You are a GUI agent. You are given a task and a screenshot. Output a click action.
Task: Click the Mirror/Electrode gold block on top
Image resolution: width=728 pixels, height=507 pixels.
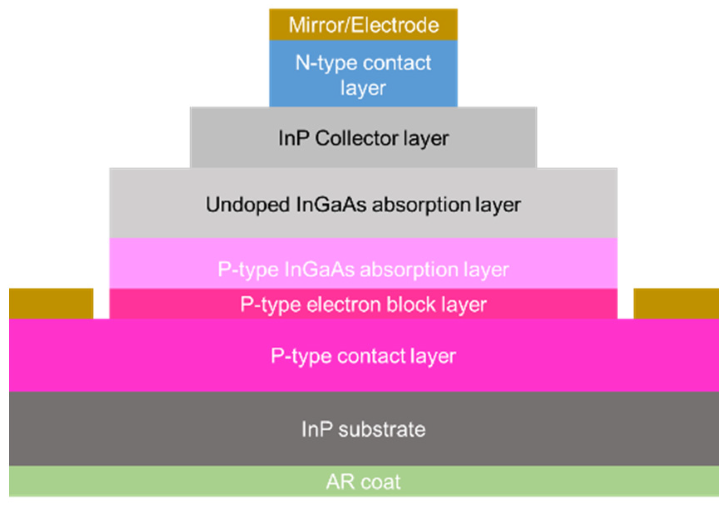point(363,25)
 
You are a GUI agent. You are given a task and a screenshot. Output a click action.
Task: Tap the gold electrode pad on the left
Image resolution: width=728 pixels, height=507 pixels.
point(51,303)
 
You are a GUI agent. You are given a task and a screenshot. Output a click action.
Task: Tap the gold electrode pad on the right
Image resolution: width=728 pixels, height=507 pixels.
point(676,303)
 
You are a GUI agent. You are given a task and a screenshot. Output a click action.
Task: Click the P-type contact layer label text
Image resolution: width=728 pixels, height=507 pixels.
point(363,356)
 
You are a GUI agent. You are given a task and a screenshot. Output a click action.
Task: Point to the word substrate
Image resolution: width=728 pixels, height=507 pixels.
point(381,429)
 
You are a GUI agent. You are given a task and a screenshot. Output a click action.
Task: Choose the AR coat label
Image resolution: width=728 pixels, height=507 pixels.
point(363,482)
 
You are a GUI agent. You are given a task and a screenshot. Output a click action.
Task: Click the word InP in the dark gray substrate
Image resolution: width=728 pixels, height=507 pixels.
point(317,429)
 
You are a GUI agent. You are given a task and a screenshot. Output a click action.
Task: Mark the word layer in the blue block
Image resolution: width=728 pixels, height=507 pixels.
point(363,88)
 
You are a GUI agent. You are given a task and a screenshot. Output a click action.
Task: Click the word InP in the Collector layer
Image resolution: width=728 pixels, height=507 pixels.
point(293,138)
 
